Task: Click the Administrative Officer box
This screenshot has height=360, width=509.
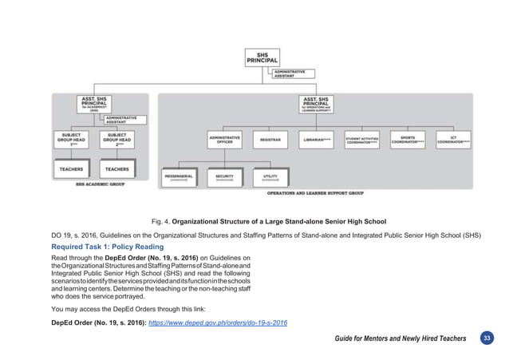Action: point(225,140)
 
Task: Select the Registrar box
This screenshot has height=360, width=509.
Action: point(270,140)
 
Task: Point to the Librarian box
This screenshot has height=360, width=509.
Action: point(317,140)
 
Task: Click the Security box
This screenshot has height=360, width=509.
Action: point(224,176)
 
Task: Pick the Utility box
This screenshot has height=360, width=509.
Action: point(270,176)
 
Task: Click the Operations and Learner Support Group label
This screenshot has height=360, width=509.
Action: point(315,194)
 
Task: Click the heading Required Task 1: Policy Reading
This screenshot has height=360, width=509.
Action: point(105,247)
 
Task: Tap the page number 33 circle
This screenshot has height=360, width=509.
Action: point(486,338)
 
